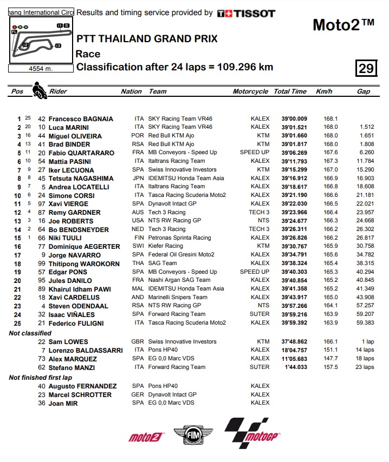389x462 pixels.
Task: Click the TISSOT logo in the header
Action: [246, 14]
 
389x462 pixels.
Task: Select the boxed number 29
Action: [366, 68]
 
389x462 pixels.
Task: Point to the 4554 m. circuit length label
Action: [41, 69]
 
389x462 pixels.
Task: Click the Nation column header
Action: [131, 91]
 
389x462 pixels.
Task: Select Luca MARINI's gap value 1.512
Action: [366, 127]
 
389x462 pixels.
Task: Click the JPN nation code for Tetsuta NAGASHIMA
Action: [138, 178]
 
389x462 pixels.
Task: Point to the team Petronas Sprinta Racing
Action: [179, 237]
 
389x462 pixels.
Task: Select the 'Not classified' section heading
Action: [30, 333]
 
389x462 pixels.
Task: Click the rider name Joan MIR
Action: [63, 403]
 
